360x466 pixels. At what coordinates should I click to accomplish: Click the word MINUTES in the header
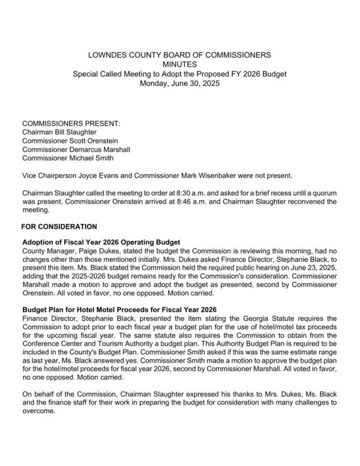pos(179,64)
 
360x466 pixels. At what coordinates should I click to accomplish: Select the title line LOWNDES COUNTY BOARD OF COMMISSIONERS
pos(179,55)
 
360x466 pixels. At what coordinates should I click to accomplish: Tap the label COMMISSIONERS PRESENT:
pos(71,123)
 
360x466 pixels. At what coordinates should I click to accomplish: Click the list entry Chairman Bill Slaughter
pos(59,132)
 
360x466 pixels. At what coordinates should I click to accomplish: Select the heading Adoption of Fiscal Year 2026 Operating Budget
pos(101,242)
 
